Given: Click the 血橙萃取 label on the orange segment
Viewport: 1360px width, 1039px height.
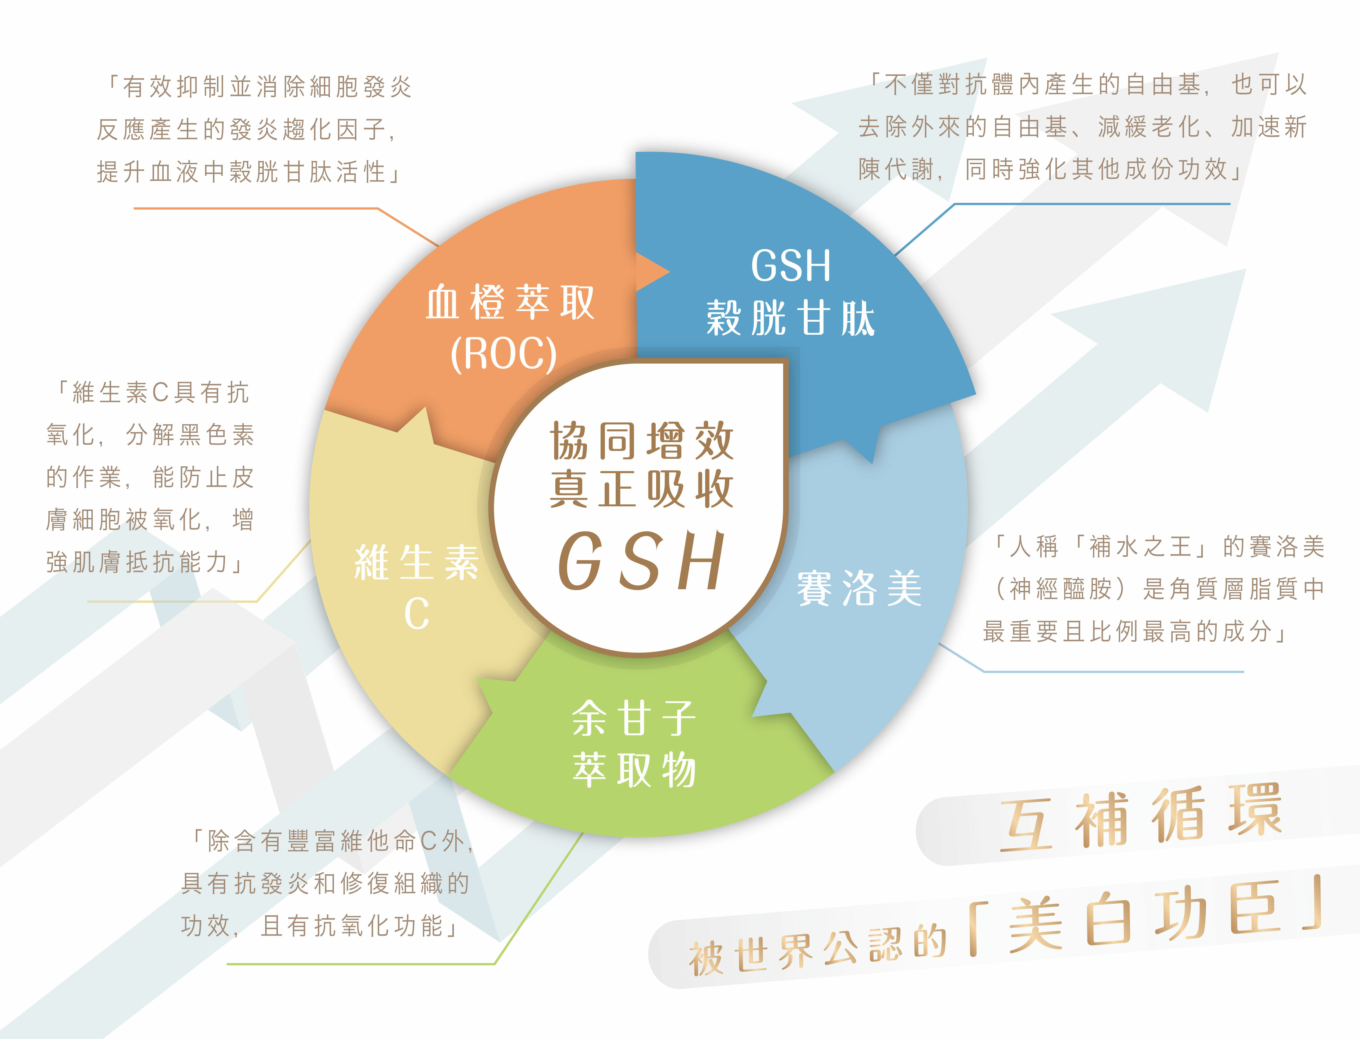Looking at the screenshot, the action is pyautogui.click(x=510, y=303).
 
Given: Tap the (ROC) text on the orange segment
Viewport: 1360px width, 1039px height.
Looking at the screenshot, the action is pyautogui.click(x=503, y=354).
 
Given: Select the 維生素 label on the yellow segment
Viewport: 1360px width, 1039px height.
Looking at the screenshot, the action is pyautogui.click(x=416, y=563).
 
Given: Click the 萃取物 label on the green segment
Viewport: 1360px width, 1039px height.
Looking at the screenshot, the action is pyautogui.click(x=634, y=770).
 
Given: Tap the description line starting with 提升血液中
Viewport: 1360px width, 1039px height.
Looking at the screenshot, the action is pyautogui.click(x=247, y=172).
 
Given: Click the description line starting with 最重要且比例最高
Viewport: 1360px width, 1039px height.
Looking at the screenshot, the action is pyautogui.click(x=1135, y=631).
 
